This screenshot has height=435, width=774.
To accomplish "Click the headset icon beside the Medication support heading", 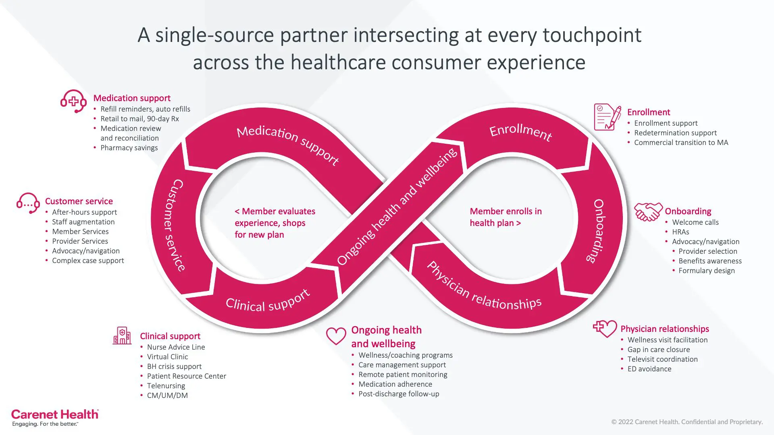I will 73,101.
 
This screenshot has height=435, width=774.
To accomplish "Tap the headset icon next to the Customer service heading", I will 28,203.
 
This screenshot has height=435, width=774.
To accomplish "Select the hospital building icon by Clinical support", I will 122,336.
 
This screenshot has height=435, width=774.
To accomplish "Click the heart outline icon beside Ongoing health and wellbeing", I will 336,336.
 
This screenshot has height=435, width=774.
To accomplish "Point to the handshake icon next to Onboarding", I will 648,211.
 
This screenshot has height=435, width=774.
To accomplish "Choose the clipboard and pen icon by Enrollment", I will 607,117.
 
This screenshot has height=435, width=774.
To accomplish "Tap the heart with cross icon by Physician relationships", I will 605,328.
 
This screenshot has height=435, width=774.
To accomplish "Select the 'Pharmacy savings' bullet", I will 129,148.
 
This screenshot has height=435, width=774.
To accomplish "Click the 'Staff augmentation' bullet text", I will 83,222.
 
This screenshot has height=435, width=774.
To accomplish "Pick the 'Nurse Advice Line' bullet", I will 176,347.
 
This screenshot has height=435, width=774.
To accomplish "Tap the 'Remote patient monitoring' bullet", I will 403,375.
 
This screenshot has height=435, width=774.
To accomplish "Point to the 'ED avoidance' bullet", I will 649,369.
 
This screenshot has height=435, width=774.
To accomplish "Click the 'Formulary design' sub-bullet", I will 706,271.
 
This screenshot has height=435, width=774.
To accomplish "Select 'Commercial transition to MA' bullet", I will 681,143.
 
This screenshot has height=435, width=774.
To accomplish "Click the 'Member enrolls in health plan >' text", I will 506,217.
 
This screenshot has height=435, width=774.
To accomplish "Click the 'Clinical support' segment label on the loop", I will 268,302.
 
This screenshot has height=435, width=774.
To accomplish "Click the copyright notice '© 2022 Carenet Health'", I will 687,422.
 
